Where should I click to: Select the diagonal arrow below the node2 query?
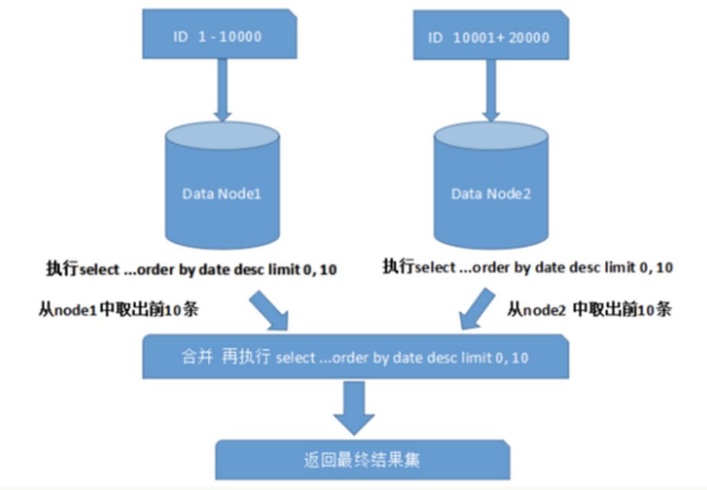[477, 311]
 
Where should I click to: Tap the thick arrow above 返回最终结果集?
[354, 406]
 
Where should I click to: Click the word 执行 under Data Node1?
[62, 269]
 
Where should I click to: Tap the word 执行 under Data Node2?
[398, 267]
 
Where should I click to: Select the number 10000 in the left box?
[240, 36]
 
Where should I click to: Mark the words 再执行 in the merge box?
[247, 358]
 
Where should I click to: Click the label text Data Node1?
[221, 194]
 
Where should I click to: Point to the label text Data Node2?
[490, 194]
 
